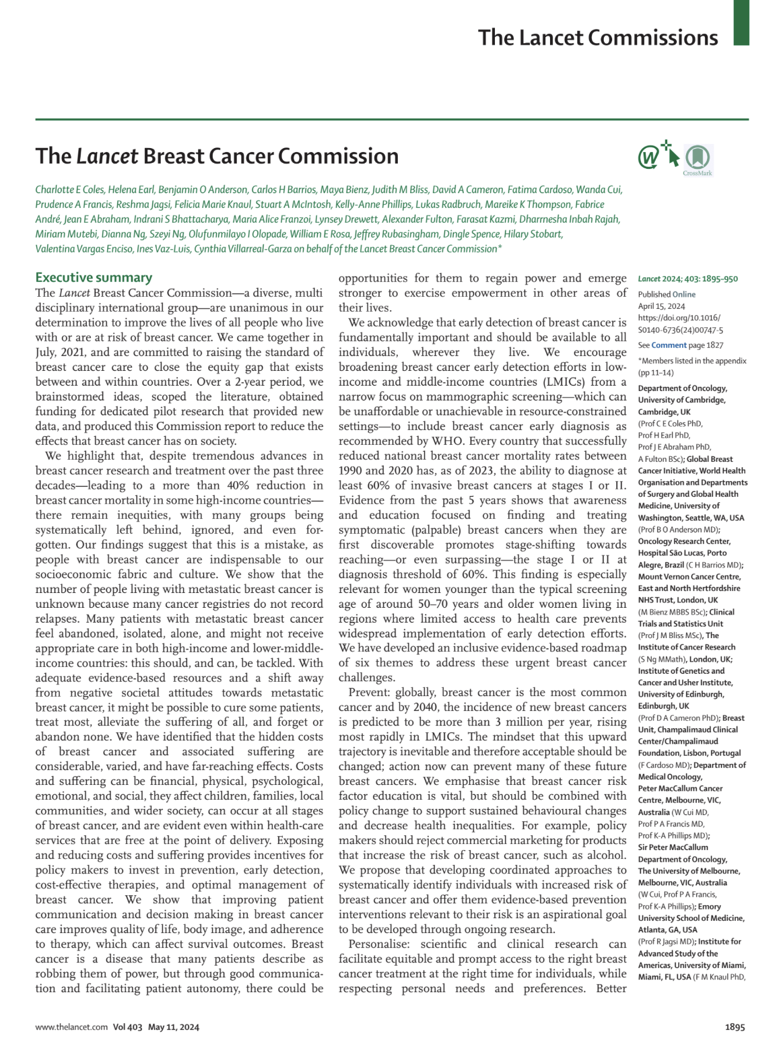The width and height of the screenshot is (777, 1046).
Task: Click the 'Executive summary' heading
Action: coord(94,277)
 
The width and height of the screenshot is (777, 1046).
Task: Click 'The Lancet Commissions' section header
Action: coord(598,38)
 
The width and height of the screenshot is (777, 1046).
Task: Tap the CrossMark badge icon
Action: coord(697,159)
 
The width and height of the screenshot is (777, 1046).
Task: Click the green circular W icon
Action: coord(648,158)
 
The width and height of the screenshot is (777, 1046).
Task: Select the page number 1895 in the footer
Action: coord(735,1027)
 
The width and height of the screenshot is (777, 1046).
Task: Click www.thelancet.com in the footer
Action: coord(71,1027)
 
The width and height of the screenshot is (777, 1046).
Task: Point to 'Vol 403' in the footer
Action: coord(128,1027)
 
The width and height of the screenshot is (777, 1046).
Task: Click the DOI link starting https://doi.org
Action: coord(680,324)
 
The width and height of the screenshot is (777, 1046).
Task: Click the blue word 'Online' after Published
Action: coord(683,294)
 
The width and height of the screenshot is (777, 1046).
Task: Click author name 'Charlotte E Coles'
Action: coord(69,190)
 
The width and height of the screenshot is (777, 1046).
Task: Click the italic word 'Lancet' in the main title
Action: coord(107,156)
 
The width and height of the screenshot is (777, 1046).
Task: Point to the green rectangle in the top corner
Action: coord(741,22)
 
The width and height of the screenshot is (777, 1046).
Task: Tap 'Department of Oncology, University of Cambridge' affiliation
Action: coord(682,394)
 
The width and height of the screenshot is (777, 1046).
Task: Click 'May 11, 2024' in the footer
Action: coord(174,1027)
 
